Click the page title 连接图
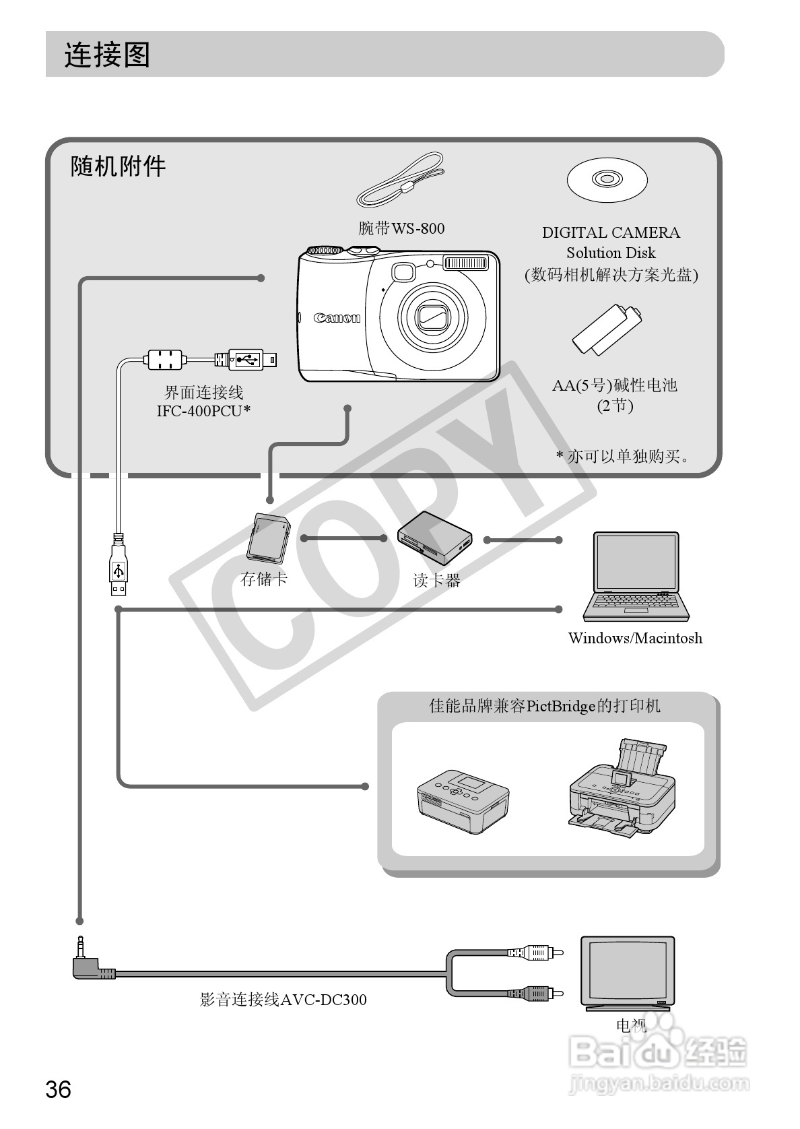pos(106,55)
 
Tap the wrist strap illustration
pos(401,181)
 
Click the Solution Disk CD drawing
pos(607,181)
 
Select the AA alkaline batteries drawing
pos(607,329)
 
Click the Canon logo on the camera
pos(337,318)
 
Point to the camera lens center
pos(432,315)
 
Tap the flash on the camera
pos(465,263)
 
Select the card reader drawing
pos(434,538)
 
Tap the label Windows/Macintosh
pos(635,638)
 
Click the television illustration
pos(628,972)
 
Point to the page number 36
pos(58,1089)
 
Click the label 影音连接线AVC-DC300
pos(283,1000)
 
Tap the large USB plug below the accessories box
pos(119,566)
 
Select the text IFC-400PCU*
pos(203,411)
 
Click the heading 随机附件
pos(118,166)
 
